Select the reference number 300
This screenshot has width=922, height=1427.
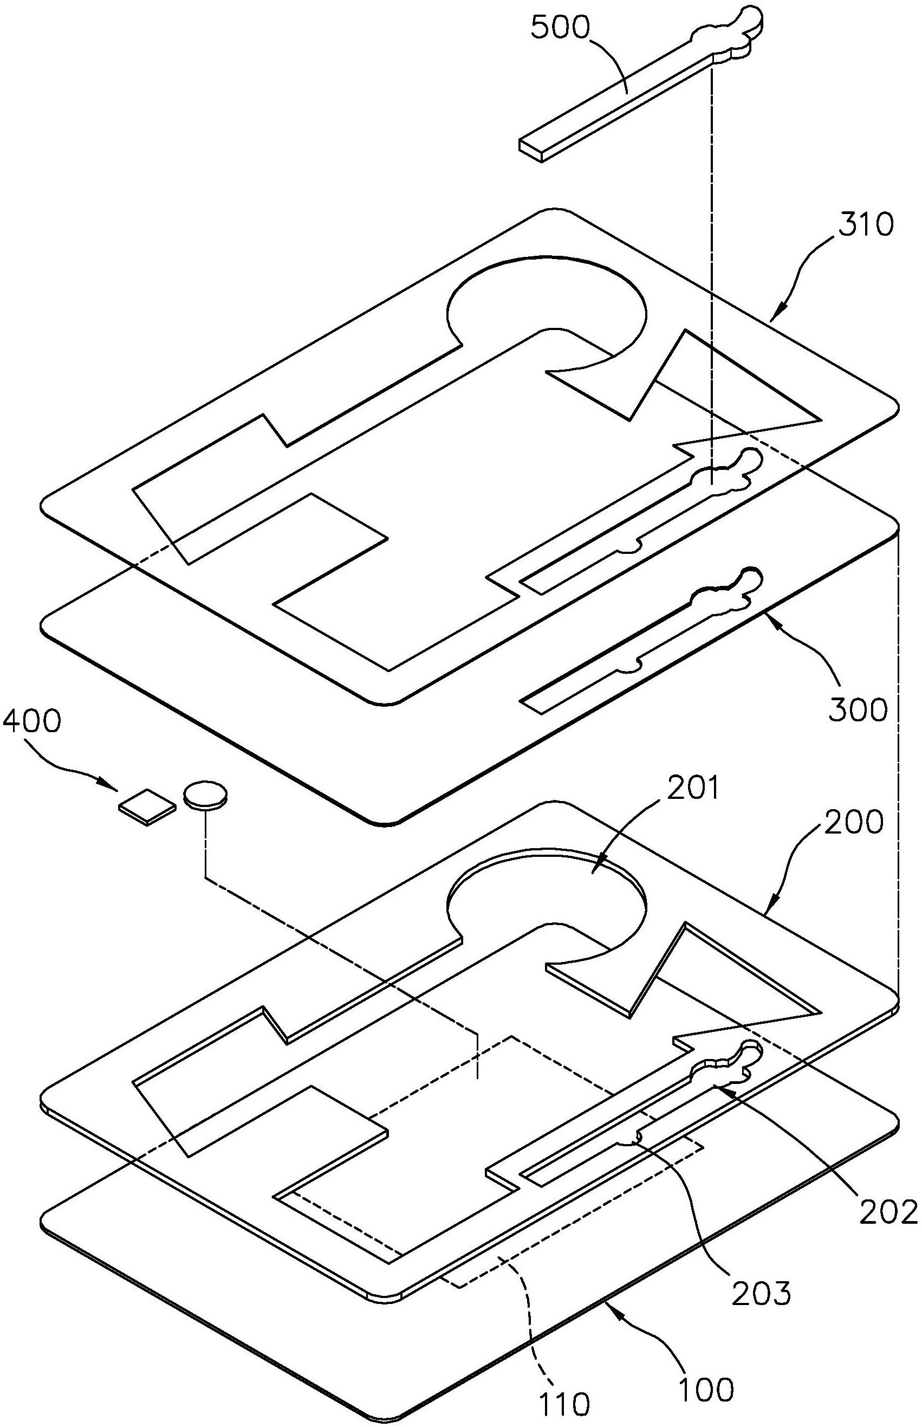[858, 710]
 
